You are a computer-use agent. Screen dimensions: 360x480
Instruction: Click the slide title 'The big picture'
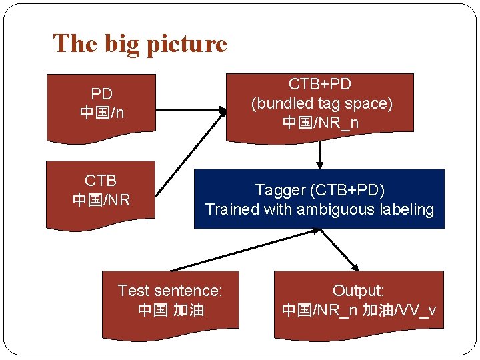pyautogui.click(x=140, y=44)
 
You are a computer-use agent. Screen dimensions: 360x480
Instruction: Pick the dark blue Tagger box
pyautogui.click(x=319, y=199)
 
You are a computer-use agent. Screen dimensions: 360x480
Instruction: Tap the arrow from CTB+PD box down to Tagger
pyautogui.click(x=320, y=155)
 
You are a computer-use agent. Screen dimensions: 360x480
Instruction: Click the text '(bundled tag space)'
pyautogui.click(x=321, y=103)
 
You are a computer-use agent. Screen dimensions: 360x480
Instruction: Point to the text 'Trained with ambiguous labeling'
pyautogui.click(x=319, y=209)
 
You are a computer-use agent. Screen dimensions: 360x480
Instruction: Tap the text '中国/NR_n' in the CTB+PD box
pyautogui.click(x=321, y=123)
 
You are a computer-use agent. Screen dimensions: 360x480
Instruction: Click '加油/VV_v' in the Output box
pyautogui.click(x=399, y=310)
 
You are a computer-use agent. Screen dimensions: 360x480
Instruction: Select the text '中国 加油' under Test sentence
pyautogui.click(x=171, y=310)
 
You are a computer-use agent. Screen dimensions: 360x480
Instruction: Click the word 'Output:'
pyautogui.click(x=359, y=291)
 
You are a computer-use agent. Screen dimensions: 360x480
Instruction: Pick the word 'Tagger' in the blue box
pyautogui.click(x=279, y=190)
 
